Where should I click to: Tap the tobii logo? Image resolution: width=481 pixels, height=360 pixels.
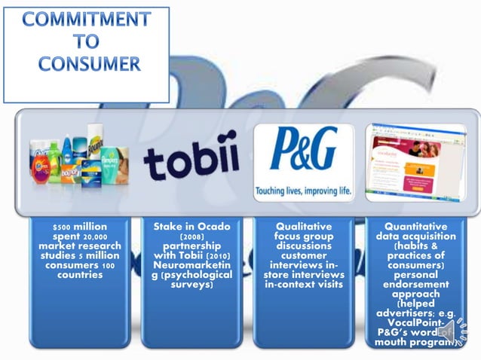tap(191, 161)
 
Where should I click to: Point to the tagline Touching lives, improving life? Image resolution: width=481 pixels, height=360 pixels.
tap(303, 191)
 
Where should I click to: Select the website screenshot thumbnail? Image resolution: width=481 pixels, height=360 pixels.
tap(414, 161)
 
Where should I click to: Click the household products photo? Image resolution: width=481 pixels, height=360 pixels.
tap(79, 161)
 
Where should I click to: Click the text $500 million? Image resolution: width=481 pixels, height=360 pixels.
tap(79, 227)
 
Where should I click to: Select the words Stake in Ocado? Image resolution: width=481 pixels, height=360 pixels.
tap(191, 226)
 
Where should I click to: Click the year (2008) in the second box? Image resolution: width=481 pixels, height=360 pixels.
tap(191, 236)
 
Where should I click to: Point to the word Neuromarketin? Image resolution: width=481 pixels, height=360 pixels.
tap(191, 266)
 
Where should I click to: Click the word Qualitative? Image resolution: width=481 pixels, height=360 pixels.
tap(303, 226)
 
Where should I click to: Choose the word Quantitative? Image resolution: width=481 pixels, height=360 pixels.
tap(415, 226)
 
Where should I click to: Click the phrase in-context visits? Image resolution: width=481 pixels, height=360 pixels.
tap(303, 285)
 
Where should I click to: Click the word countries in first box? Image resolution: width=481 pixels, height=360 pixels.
tap(79, 275)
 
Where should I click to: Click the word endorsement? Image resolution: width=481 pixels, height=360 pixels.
tap(415, 285)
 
